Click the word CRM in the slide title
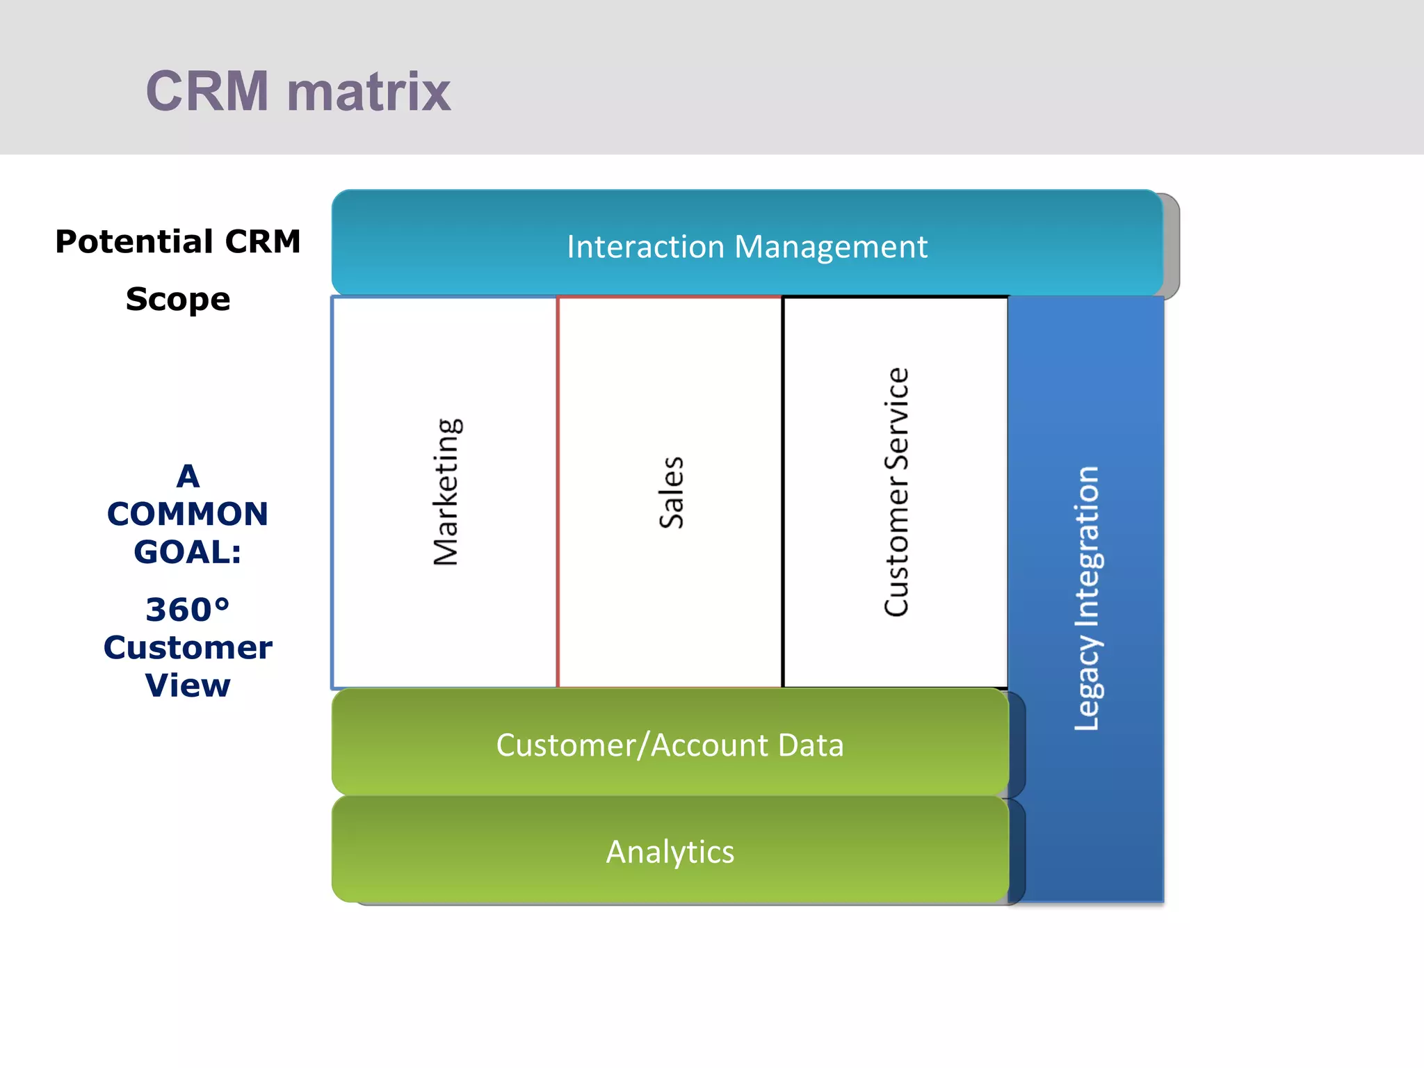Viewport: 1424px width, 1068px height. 207,91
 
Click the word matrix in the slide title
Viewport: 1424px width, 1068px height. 369,92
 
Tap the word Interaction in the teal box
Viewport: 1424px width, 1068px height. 645,247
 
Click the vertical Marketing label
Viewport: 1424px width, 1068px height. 446,492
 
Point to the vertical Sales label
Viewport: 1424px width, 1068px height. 672,492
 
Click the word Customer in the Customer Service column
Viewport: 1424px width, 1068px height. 896,546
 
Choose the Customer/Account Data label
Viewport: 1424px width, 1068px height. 670,745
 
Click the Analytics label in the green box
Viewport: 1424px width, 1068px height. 670,852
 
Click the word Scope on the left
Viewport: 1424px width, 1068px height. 178,299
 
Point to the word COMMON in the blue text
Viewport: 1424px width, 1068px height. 188,515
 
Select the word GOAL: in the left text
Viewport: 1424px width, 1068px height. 188,552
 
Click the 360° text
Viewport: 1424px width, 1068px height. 188,610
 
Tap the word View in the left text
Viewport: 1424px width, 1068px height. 188,686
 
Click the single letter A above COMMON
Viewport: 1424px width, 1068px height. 188,477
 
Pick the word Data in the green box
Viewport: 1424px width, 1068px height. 811,745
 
